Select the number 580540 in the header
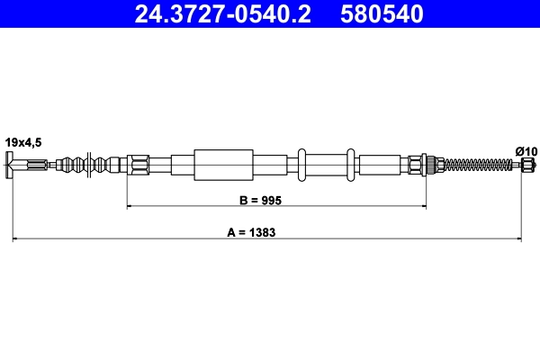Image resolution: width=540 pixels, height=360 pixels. click(380, 14)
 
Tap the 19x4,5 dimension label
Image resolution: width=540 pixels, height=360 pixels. click(23, 140)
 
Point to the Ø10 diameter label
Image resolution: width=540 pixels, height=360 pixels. click(526, 150)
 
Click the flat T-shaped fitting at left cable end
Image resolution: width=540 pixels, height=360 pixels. click(10, 165)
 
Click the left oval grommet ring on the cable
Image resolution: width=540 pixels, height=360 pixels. click(305, 165)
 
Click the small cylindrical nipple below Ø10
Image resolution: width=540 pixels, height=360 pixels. click(526, 165)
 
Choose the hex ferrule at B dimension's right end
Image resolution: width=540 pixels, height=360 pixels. click(416, 165)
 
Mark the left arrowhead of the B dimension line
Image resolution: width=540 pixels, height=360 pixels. click(130, 207)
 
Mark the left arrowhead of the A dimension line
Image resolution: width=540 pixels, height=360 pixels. click(14, 239)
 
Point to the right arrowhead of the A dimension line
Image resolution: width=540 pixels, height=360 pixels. click(519, 239)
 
